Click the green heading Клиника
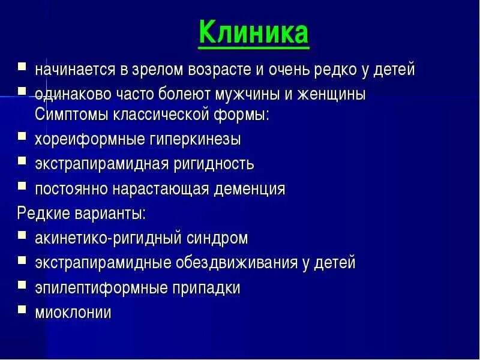253,32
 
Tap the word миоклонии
73,313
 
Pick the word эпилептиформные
101,288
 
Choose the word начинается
75,70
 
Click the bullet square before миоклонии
22,310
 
